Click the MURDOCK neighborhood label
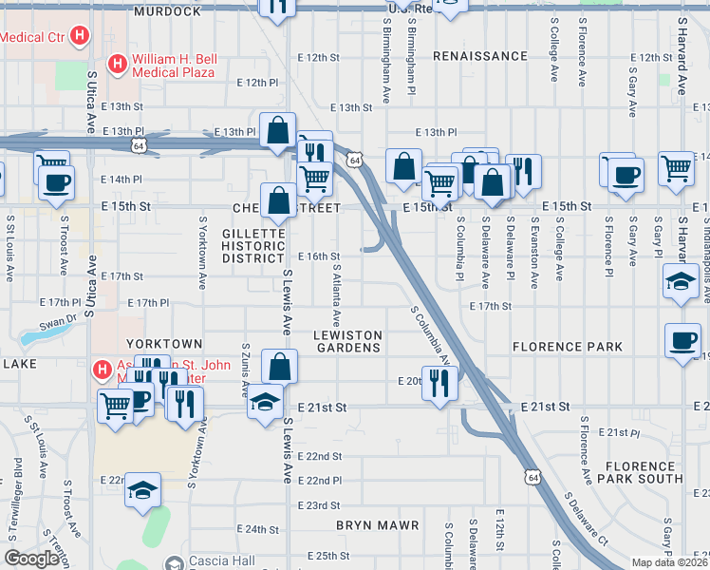pyautogui.click(x=167, y=11)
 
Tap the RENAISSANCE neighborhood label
pyautogui.click(x=479, y=57)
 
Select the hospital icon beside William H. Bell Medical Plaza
pyautogui.click(x=117, y=65)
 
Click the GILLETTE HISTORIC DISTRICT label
pyautogui.click(x=253, y=245)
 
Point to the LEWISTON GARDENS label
pyautogui.click(x=347, y=341)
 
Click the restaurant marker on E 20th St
pyautogui.click(x=439, y=383)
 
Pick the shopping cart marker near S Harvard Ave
pyautogui.click(x=676, y=168)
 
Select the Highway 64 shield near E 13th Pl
pyautogui.click(x=140, y=145)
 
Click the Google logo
pyautogui.click(x=32, y=559)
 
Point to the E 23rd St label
pyautogui.click(x=318, y=505)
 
